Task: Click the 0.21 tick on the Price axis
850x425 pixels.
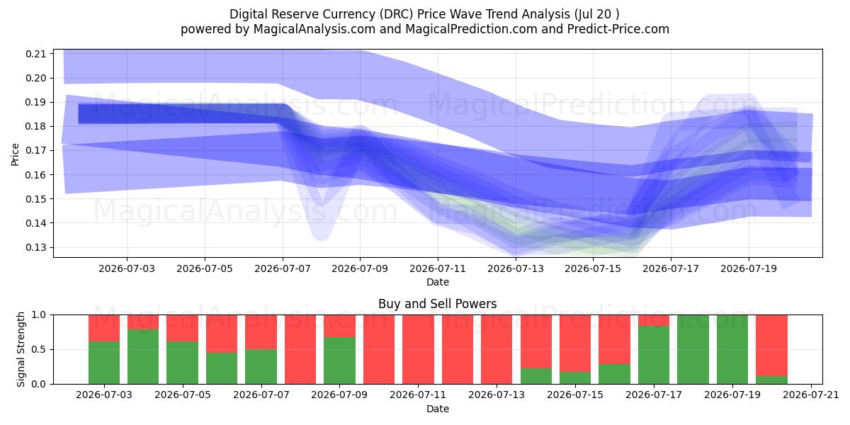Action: [35, 54]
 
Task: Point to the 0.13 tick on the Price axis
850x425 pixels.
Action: [35, 247]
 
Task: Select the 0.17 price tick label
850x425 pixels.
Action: [35, 151]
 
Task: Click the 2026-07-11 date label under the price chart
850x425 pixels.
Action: [438, 268]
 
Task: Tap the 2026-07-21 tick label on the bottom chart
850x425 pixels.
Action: [811, 395]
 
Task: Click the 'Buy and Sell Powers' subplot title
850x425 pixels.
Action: [438, 304]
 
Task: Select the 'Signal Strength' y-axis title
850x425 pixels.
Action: [21, 349]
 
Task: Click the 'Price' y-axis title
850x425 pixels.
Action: [15, 154]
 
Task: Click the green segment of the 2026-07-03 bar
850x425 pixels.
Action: [104, 363]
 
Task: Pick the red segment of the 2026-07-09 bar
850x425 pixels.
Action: [339, 326]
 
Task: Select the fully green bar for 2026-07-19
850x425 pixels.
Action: [732, 349]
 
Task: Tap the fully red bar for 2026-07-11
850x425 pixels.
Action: [418, 349]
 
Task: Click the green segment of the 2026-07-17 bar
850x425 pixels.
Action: [654, 355]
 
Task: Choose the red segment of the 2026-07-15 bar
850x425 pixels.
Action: [575, 344]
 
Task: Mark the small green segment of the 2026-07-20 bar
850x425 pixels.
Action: [771, 380]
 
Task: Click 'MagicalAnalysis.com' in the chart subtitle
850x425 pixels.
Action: [314, 29]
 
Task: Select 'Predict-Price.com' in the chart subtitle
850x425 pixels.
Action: [618, 29]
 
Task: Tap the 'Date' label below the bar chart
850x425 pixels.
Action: [438, 409]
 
